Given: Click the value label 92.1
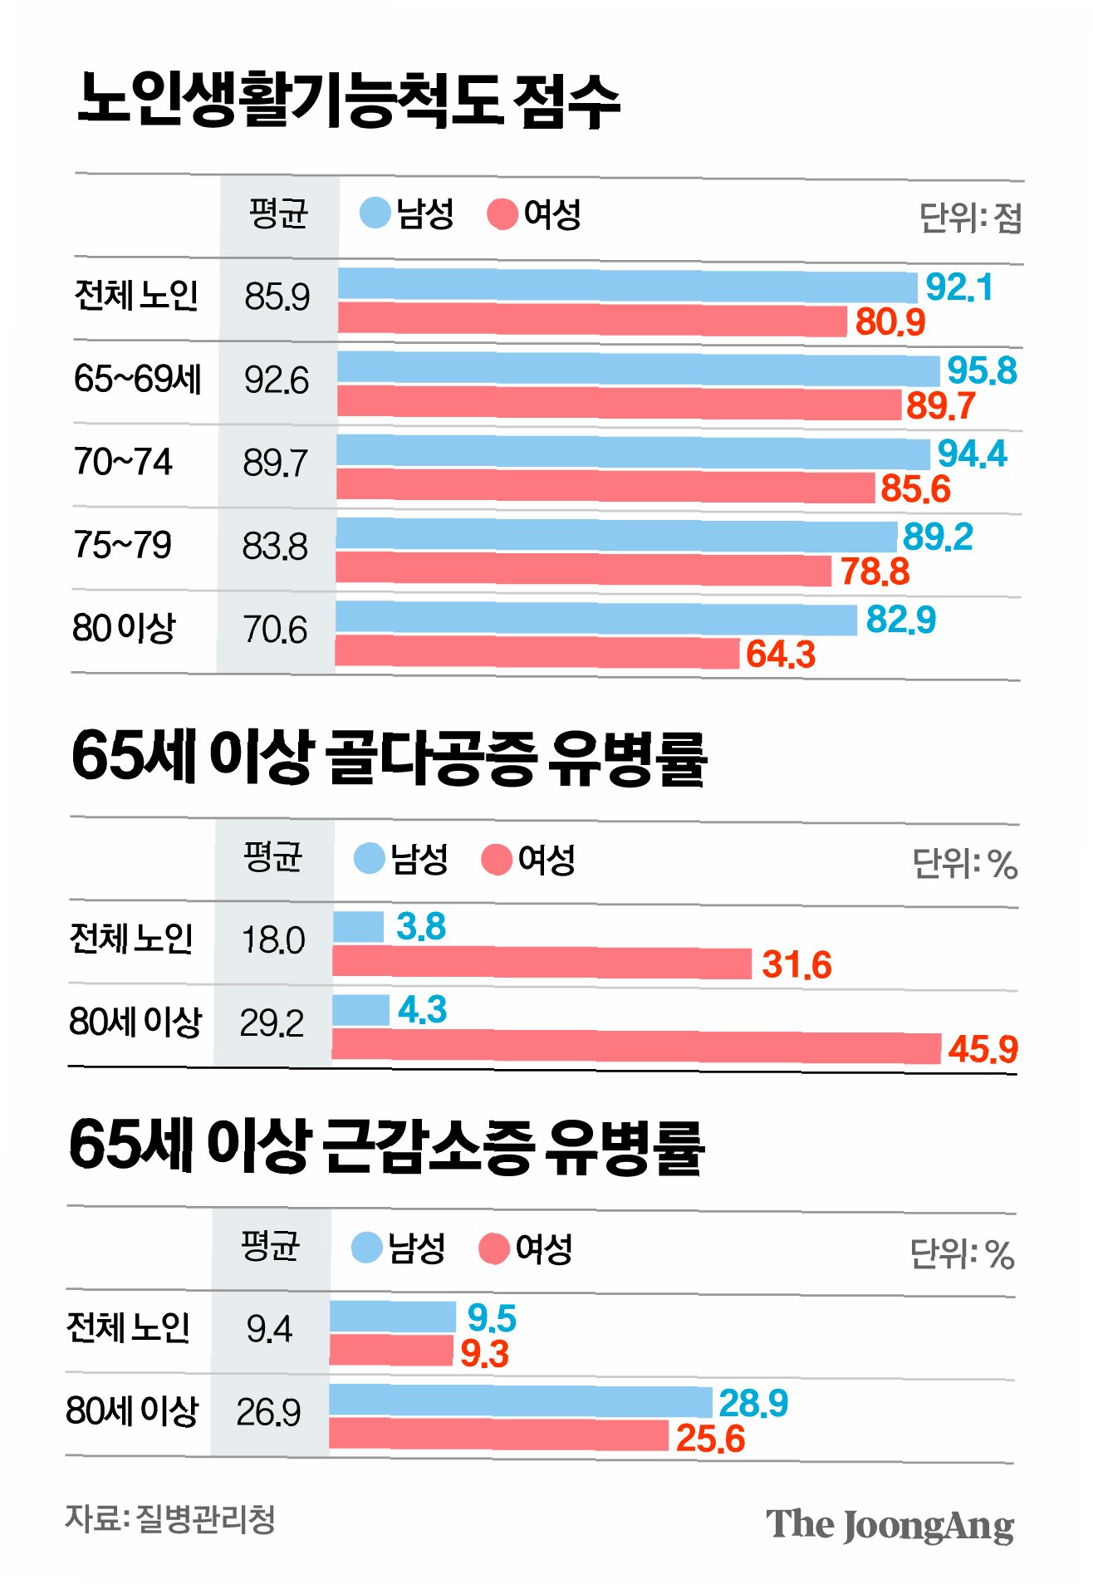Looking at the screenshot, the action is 959,287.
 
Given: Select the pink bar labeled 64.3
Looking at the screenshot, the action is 537,653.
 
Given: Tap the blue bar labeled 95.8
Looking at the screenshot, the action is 639,369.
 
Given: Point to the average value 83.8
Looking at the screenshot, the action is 275,547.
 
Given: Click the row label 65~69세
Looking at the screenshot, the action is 138,379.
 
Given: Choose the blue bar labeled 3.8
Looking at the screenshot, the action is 359,927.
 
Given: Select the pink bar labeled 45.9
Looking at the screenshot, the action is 636,1047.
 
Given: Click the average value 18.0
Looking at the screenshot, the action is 273,940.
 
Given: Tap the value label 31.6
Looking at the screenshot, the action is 796,965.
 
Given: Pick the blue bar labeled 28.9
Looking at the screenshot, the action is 521,1401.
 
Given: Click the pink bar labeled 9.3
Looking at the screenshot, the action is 391,1351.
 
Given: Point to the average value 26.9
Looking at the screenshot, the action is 268,1413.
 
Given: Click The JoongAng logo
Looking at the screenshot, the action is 890,1525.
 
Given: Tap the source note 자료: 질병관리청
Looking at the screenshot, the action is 170,1518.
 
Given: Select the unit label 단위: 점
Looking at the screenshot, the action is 970,218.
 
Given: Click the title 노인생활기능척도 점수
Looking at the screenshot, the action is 349,101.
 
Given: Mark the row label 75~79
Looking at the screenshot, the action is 123,545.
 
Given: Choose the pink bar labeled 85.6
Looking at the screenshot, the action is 605,486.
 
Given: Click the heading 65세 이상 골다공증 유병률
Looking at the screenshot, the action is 389,758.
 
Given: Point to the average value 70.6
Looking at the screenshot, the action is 275,630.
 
